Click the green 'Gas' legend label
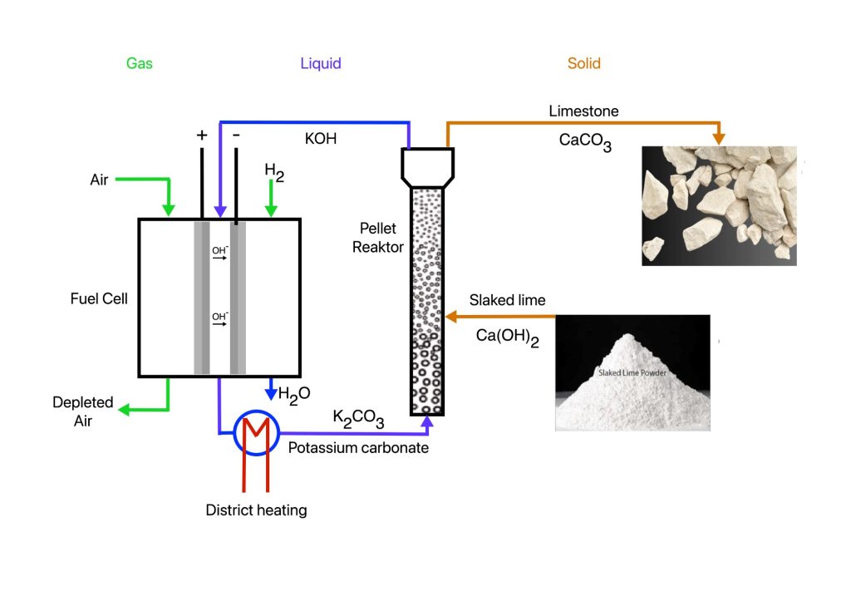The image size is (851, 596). click(x=139, y=63)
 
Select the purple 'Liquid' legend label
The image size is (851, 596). click(x=321, y=63)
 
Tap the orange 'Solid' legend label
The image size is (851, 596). click(x=583, y=63)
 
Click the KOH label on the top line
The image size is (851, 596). click(x=320, y=139)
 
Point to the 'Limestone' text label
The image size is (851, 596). click(x=583, y=111)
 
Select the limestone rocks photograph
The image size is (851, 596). click(x=719, y=205)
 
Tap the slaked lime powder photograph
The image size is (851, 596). click(x=632, y=372)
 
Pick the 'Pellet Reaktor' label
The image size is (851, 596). click(x=377, y=237)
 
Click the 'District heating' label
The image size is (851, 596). click(x=256, y=510)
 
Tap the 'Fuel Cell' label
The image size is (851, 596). click(x=99, y=298)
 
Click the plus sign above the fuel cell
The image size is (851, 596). click(x=201, y=135)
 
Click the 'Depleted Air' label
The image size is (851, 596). click(x=83, y=411)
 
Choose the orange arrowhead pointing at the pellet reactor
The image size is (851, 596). click(x=450, y=316)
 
